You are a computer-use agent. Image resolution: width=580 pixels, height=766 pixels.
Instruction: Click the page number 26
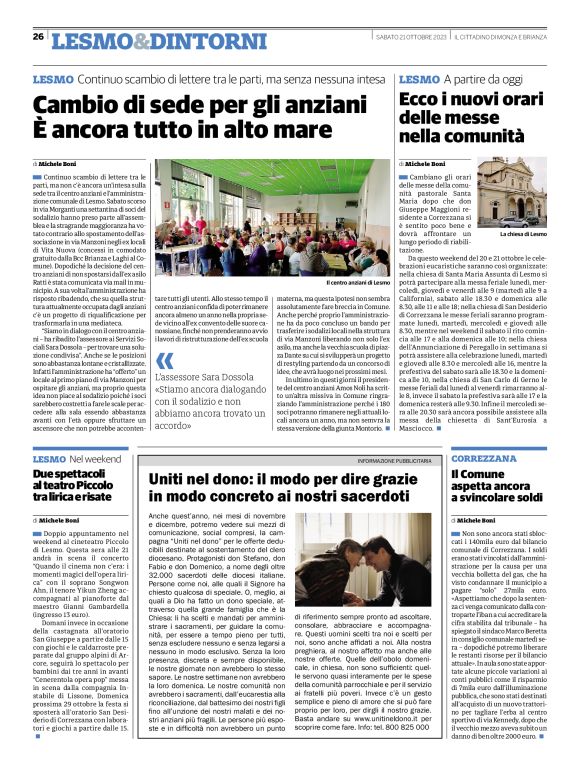38,36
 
